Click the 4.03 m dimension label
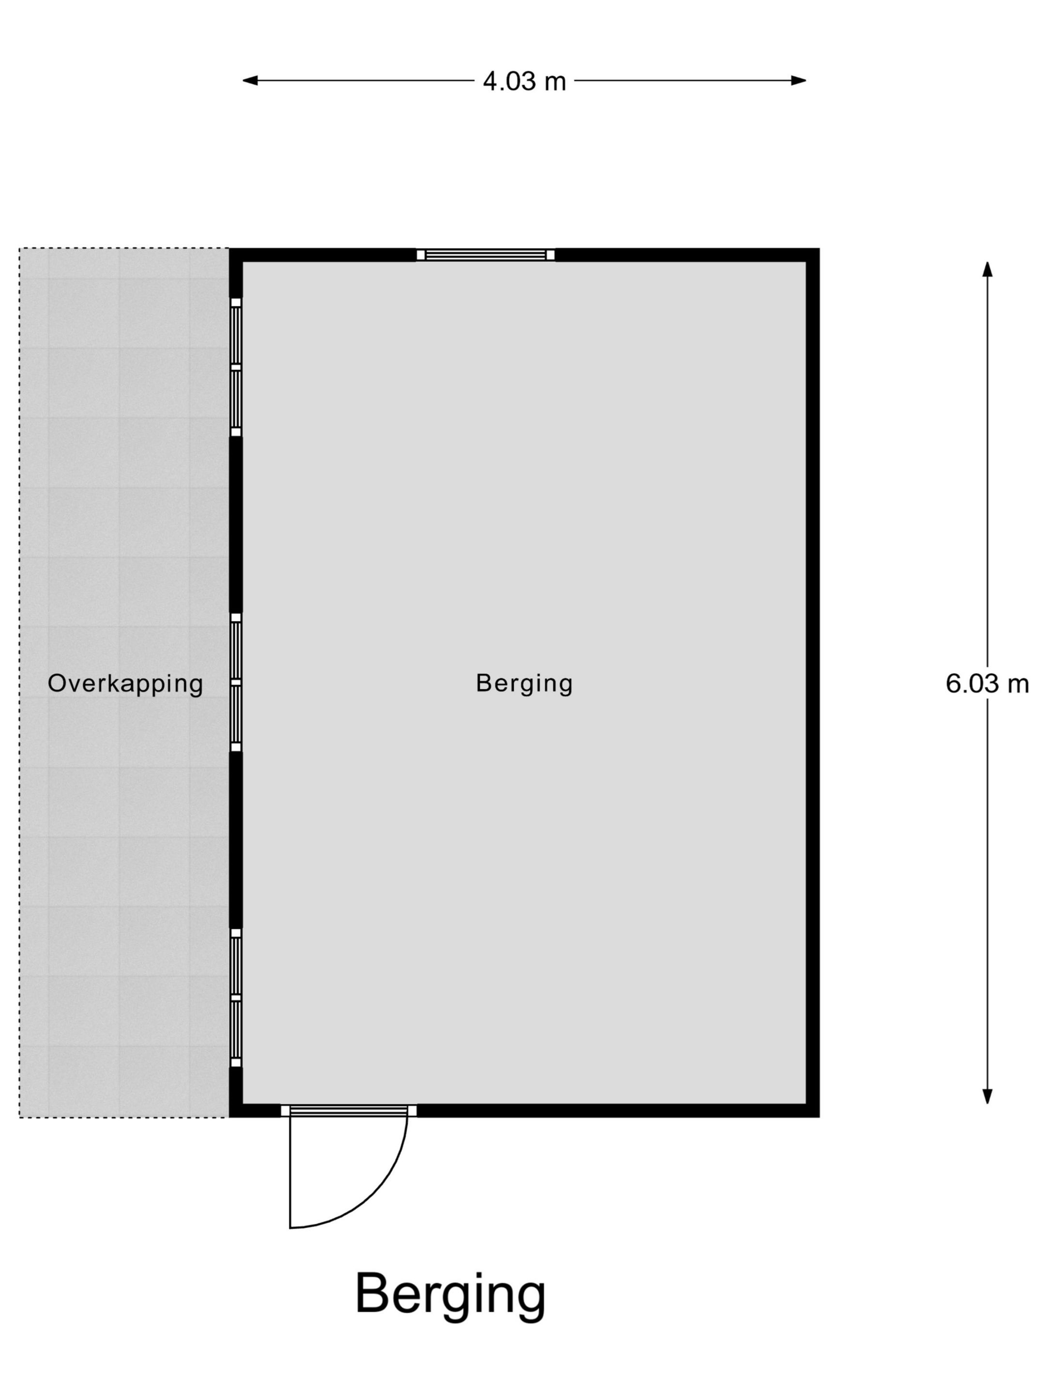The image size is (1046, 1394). [x=524, y=81]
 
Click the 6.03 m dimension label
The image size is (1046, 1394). [x=987, y=684]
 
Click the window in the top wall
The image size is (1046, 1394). [x=486, y=255]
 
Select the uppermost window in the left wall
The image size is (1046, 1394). [x=236, y=367]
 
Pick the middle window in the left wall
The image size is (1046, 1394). [x=236, y=682]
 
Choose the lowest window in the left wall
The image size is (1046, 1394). [x=236, y=998]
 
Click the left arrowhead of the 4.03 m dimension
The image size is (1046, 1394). [x=250, y=81]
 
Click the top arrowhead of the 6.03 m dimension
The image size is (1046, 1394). [x=987, y=269]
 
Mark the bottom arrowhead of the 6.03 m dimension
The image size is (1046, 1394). [x=987, y=1096]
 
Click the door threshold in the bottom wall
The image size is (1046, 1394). [x=349, y=1111]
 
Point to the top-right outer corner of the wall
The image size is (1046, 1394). [x=819, y=249]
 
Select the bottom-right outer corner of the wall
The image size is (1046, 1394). [x=819, y=1117]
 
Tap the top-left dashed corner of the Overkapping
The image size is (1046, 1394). [x=19, y=248]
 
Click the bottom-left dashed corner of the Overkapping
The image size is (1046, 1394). [x=19, y=1117]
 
